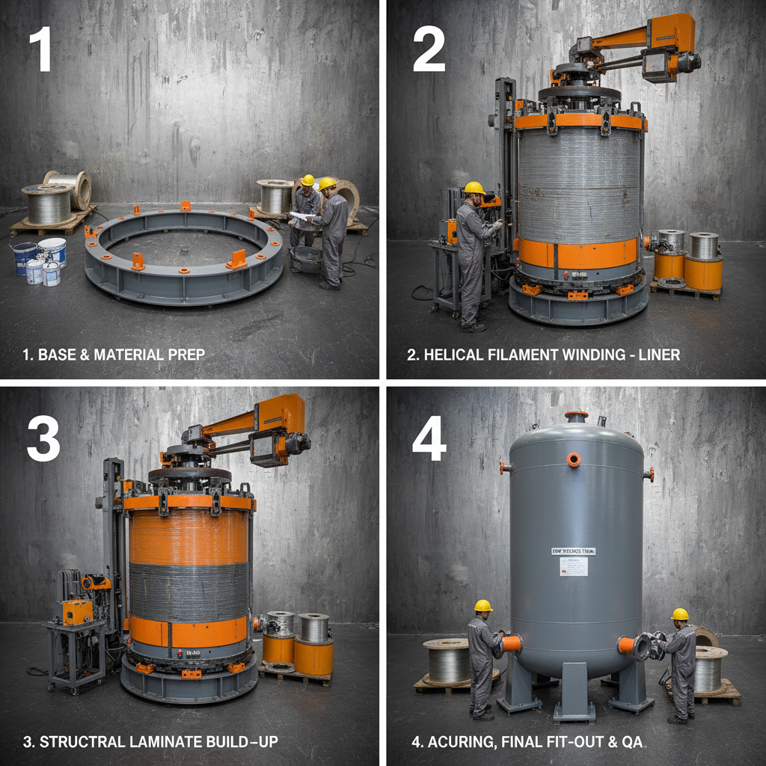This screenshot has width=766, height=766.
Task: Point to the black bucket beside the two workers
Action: pos(307,258)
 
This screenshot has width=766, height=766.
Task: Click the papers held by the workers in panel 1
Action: pos(301,216)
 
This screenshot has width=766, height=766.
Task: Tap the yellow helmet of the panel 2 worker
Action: pos(474,188)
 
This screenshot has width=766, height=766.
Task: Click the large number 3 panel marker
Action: pos(43,438)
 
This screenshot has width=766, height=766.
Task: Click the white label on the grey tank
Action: pos(574,566)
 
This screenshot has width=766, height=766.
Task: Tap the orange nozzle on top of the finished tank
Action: pos(576,415)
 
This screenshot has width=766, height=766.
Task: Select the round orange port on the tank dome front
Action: pos(574,459)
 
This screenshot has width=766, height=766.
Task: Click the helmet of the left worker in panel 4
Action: pos(483,605)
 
